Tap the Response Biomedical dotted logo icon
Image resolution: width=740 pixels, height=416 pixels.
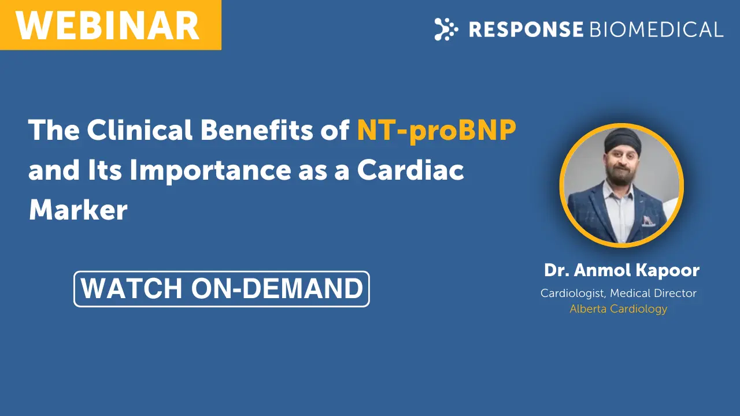pyautogui.click(x=446, y=29)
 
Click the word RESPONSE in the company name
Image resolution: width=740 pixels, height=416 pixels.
pyautogui.click(x=526, y=29)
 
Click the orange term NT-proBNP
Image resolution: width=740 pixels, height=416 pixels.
pyautogui.click(x=436, y=131)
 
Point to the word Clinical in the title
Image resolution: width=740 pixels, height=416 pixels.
pyautogui.click(x=139, y=130)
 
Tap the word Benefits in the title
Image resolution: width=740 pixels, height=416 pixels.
pyautogui.click(x=257, y=130)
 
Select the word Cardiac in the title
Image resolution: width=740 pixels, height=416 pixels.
pyautogui.click(x=410, y=170)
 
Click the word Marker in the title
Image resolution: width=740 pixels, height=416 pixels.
pyautogui.click(x=78, y=210)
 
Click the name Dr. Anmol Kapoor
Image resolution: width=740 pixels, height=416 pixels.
pyautogui.click(x=621, y=270)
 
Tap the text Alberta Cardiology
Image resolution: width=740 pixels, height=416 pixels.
pyautogui.click(x=618, y=309)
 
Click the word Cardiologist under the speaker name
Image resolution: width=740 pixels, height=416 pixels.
pyautogui.click(x=573, y=293)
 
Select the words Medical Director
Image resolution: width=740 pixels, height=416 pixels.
pyautogui.click(x=653, y=293)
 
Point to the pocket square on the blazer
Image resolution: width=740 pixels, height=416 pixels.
pyautogui.click(x=648, y=221)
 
